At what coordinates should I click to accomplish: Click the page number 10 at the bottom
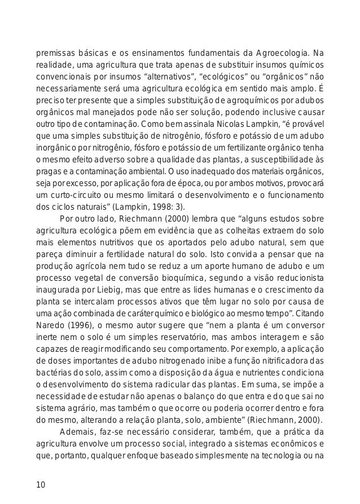coord(41,486)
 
